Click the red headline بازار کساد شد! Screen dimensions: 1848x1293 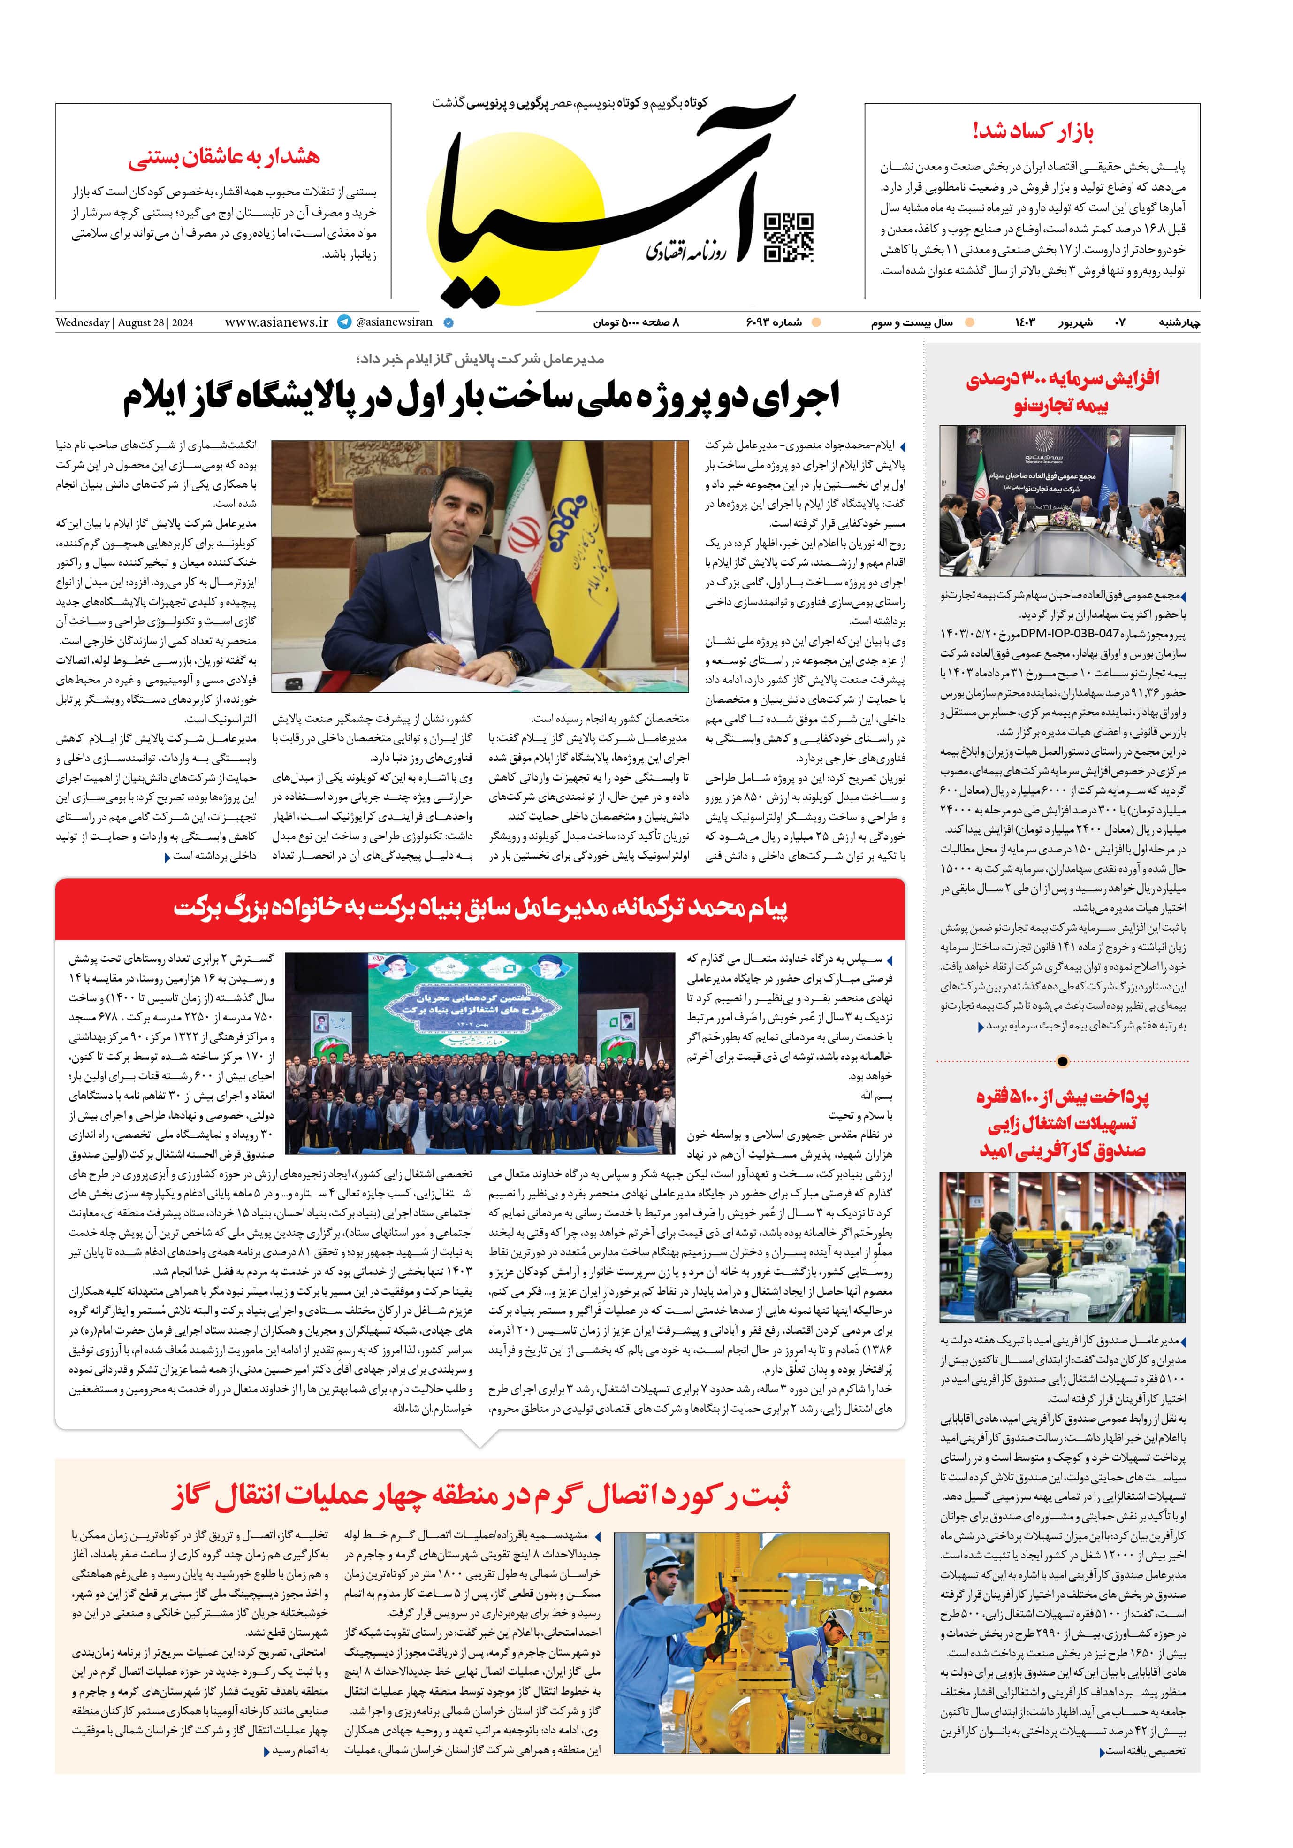pos(1032,131)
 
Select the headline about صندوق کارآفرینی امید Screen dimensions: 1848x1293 pos(1062,1123)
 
